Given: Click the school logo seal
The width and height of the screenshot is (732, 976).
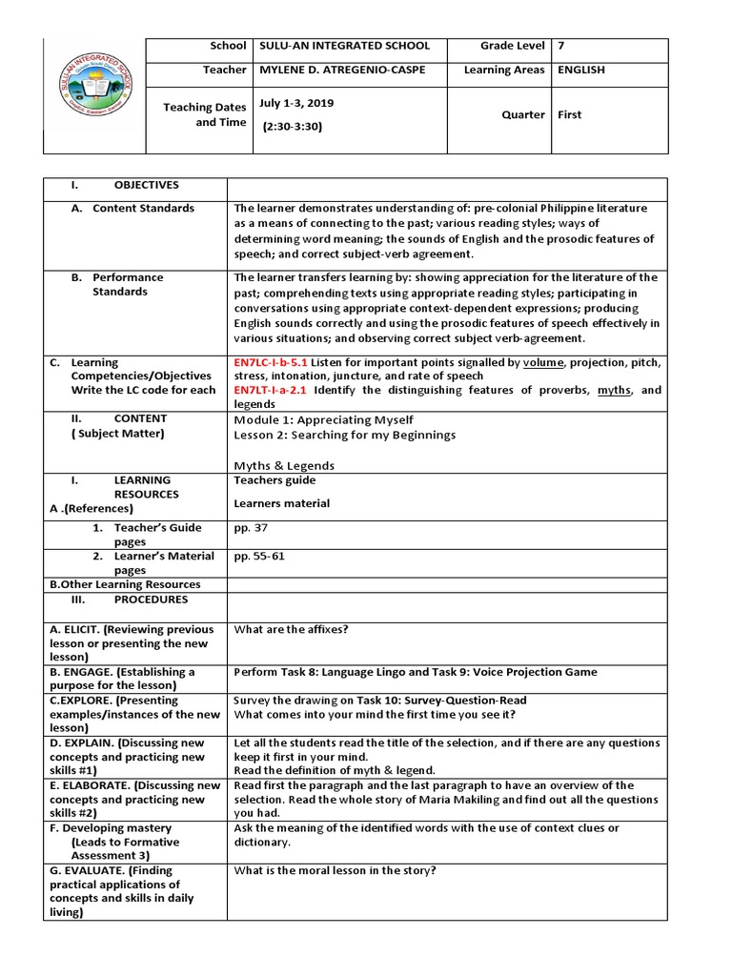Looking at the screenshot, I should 94,95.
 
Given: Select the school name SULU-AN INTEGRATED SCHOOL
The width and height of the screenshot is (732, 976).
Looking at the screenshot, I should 345,46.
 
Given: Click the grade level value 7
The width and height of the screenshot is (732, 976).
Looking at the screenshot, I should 560,46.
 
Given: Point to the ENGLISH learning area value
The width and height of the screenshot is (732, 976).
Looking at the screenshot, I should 581,71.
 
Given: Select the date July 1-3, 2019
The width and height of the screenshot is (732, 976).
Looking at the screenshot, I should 296,102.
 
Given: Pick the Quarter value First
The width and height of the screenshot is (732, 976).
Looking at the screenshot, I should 570,114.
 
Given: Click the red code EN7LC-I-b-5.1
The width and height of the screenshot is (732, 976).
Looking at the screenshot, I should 271,363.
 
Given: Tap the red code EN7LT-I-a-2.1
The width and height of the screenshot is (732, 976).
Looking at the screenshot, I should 270,391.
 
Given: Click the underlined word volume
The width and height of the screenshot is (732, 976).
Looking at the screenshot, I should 543,363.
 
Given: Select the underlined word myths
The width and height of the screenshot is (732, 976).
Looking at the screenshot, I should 615,391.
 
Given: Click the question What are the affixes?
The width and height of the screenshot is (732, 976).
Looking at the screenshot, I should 291,629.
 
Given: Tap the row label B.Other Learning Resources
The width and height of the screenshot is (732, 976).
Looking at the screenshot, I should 125,584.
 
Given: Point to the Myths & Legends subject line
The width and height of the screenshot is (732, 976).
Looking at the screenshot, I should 283,465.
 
